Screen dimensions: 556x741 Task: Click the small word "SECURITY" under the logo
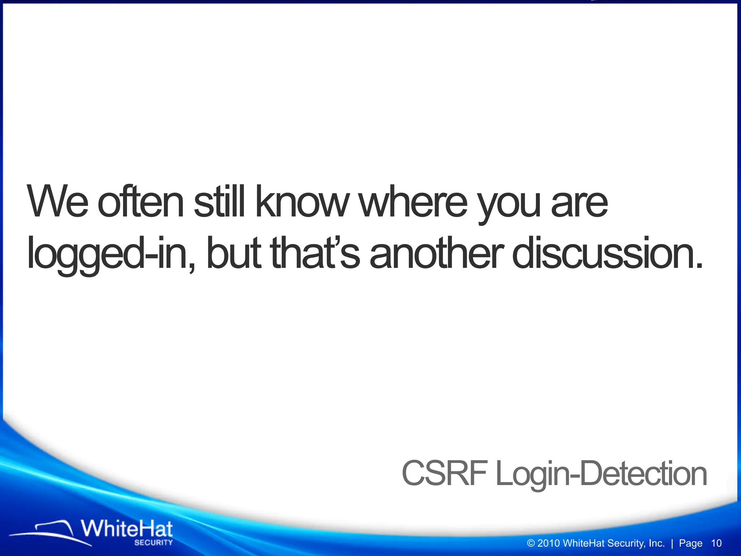pos(153,543)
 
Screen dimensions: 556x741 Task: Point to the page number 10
pos(716,543)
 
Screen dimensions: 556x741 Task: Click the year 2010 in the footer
pos(549,543)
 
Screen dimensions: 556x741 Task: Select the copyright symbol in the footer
pos(531,543)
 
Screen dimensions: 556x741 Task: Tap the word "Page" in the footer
pos(690,543)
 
